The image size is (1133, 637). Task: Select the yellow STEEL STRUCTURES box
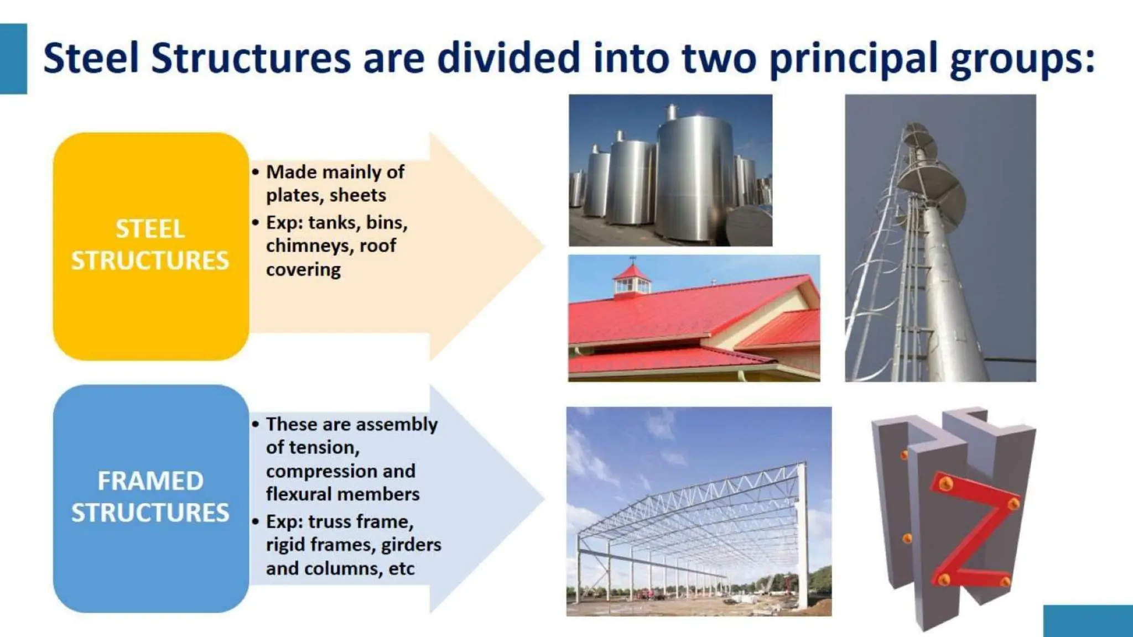tap(150, 246)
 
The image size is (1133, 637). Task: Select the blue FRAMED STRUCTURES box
tap(150, 498)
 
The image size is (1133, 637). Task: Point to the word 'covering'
tap(303, 270)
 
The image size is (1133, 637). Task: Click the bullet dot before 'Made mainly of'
tap(255, 173)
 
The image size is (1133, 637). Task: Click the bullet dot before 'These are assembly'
tap(255, 425)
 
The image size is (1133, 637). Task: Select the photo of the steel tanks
tap(671, 170)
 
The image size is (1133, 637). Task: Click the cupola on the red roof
tap(632, 280)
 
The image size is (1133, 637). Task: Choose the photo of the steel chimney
tap(940, 238)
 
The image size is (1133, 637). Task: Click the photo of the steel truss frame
tap(698, 511)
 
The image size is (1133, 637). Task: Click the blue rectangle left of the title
tap(13, 59)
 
